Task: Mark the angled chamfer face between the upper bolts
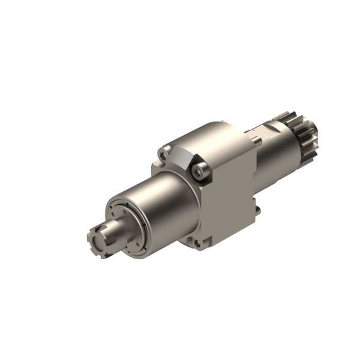183,157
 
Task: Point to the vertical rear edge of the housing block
255,175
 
